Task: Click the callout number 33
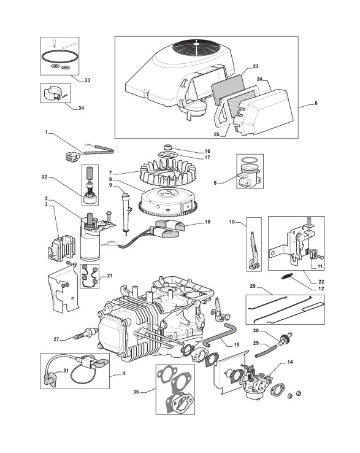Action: [87, 80]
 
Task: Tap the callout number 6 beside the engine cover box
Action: [316, 103]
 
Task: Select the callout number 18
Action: [207, 222]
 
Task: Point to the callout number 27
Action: [56, 339]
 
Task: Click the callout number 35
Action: [136, 392]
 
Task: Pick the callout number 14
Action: [290, 362]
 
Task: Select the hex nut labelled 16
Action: [167, 147]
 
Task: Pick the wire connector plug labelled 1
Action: [72, 157]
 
